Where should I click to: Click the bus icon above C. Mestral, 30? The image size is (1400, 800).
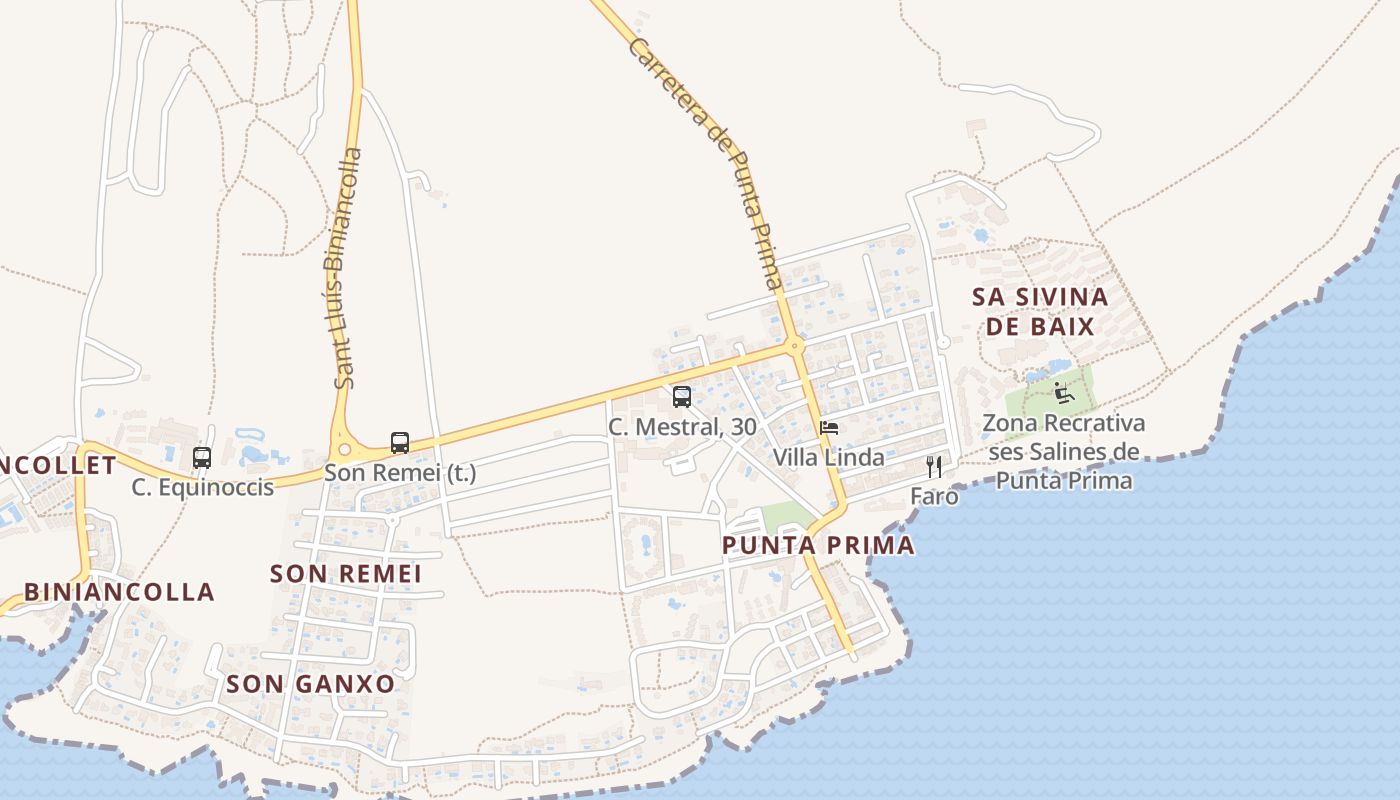point(682,397)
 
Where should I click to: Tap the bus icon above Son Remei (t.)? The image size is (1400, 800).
point(400,443)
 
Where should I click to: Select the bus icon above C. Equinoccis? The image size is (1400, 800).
point(202,458)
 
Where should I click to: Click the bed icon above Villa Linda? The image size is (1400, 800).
point(829,428)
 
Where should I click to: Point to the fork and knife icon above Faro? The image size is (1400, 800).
point(934,467)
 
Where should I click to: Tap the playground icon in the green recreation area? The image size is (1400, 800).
point(1064,392)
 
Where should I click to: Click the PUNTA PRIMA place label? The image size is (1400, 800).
point(818,546)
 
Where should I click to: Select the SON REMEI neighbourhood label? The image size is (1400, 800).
point(346,574)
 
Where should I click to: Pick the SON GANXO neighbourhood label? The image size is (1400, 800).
point(310,684)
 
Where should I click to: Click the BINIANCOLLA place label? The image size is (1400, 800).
point(119,592)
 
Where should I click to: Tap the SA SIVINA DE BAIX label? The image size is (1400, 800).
point(1040,311)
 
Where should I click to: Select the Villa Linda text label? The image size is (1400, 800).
point(828,458)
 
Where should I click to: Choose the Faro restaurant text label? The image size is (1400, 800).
point(934,496)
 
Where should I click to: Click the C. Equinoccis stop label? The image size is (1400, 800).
point(203,488)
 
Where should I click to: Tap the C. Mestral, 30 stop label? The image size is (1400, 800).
point(682,427)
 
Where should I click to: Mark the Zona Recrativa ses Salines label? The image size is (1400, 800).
point(1064,452)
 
